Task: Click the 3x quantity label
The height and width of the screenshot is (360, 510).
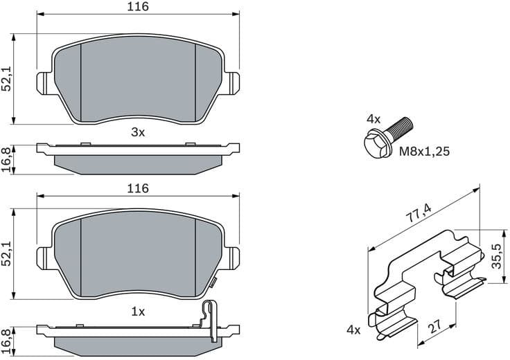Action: (x=138, y=132)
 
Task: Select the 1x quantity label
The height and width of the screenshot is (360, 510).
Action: (x=138, y=312)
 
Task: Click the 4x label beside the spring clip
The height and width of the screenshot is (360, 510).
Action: (x=353, y=330)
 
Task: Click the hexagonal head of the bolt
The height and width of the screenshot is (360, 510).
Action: (x=375, y=143)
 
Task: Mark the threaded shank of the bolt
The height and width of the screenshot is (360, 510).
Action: (x=400, y=127)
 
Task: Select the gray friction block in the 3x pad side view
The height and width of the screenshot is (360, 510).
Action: (x=138, y=163)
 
